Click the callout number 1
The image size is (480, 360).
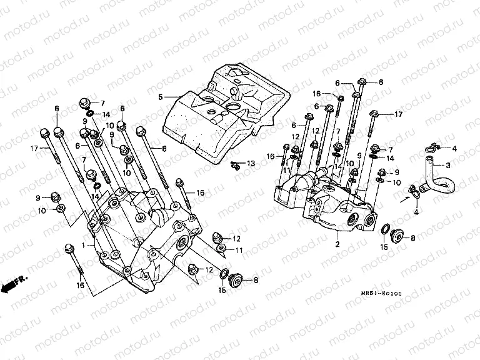82,246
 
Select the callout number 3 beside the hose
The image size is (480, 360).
447,166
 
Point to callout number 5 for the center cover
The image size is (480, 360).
160,97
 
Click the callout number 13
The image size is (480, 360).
251,163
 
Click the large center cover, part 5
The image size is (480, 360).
225,112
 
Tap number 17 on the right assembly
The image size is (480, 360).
399,114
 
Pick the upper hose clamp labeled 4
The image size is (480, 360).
431,148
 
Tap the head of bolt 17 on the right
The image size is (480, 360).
373,114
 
